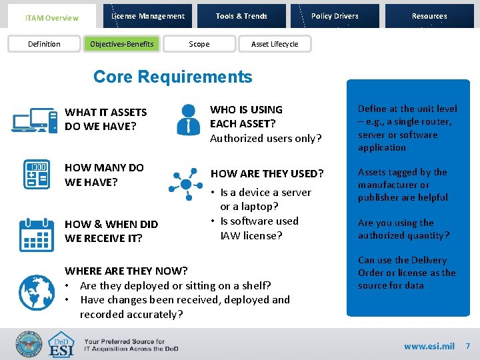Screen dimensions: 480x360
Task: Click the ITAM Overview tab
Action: [51, 18]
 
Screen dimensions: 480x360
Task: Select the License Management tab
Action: [148, 16]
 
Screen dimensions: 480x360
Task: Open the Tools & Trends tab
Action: [241, 16]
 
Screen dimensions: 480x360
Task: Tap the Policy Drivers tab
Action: [335, 16]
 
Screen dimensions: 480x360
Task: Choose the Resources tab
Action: [429, 16]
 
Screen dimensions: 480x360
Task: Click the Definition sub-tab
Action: [44, 44]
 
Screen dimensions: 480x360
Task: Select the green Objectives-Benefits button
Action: [122, 44]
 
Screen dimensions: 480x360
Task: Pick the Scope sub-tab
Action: [199, 44]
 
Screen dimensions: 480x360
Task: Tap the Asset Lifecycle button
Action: [274, 44]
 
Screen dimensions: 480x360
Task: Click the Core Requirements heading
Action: [173, 77]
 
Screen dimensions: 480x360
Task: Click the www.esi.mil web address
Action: [429, 346]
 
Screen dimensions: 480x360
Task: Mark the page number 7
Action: [467, 346]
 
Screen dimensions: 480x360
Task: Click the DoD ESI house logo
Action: [62, 345]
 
